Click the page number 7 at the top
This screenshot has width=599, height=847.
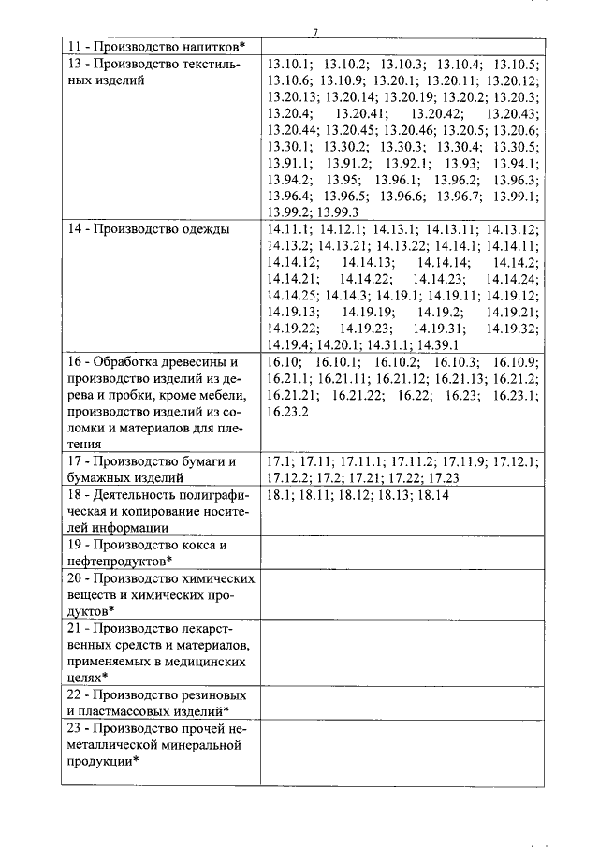[316, 33]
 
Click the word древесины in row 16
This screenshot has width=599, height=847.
[199, 361]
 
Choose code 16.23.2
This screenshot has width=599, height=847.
[287, 411]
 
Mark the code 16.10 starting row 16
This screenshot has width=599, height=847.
[283, 361]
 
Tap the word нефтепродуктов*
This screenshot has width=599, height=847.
[116, 560]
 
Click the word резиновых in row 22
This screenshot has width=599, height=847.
[212, 695]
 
